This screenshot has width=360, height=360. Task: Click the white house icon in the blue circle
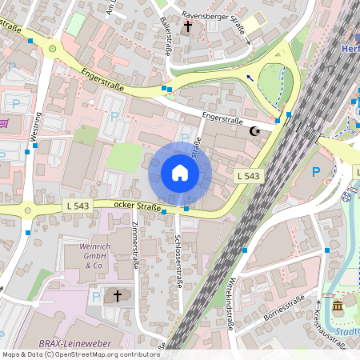tap(180, 173)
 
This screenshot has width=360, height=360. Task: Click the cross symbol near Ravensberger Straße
tap(188, 27)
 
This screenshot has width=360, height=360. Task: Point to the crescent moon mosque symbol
tap(256, 131)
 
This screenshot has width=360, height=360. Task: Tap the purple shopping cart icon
tap(4, 123)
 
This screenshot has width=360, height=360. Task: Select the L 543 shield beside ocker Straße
tap(76, 206)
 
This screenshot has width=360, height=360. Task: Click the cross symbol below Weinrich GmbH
tap(118, 296)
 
